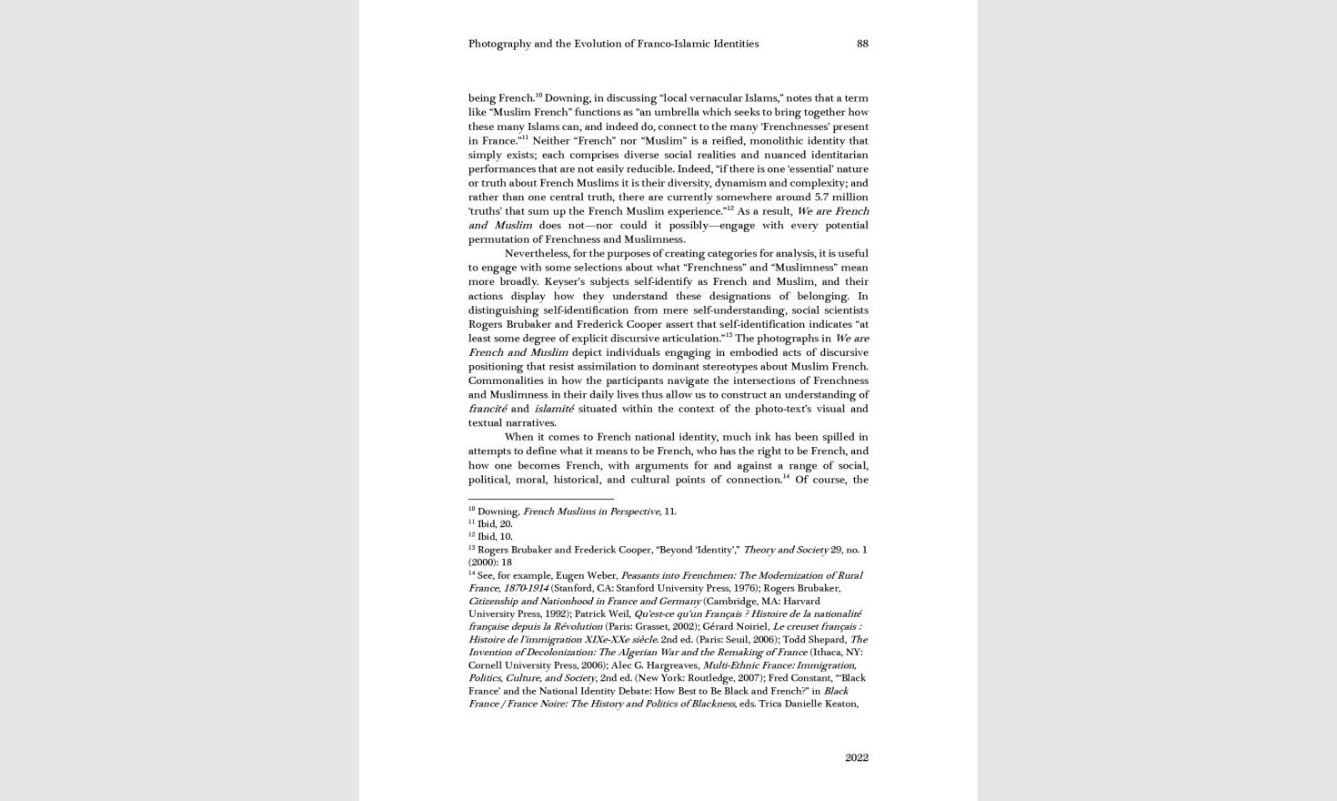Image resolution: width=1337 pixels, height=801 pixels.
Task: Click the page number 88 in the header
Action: tap(862, 44)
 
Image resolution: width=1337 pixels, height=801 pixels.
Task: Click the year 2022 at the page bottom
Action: tap(856, 757)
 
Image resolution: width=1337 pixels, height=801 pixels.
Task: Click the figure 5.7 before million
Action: tap(822, 198)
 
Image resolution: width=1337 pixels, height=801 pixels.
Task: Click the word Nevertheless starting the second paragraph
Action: tap(537, 254)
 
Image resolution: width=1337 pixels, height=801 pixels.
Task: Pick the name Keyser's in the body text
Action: tap(567, 282)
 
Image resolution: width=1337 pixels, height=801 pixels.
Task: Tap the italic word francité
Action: tap(488, 409)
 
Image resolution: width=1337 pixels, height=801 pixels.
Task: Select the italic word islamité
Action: tap(554, 409)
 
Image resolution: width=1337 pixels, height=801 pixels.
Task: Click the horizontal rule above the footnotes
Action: tap(540, 499)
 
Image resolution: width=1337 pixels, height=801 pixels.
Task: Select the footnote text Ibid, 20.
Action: tap(495, 524)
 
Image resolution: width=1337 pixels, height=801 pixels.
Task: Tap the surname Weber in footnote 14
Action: tap(602, 575)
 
